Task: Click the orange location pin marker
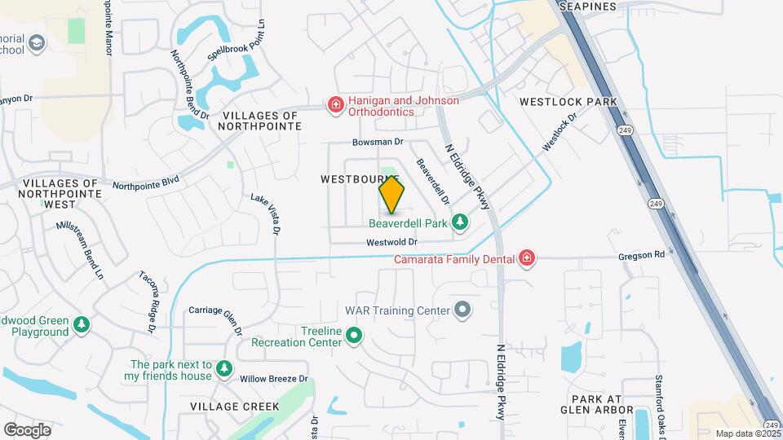pos(391,195)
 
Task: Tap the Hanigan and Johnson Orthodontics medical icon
pos(334,104)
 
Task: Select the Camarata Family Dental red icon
pos(527,259)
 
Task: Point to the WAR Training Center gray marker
pos(463,310)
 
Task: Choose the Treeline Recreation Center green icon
pos(354,335)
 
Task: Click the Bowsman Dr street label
pos(378,142)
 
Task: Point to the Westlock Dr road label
pos(560,130)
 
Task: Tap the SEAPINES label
pos(587,7)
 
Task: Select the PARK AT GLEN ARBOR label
pos(596,404)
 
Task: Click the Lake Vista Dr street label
pos(264,213)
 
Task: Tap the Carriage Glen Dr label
pos(215,318)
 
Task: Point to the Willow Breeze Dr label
pos(273,379)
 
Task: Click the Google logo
pos(27,429)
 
